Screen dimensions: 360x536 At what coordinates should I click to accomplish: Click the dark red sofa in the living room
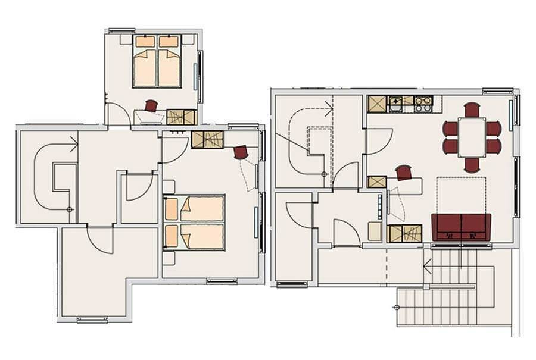462,227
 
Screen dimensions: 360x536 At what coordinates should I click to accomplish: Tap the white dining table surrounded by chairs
472,137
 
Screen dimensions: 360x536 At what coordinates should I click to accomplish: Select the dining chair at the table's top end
472,109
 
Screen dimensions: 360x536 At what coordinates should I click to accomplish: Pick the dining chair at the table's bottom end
472,165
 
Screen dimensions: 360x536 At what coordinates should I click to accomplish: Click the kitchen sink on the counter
396,104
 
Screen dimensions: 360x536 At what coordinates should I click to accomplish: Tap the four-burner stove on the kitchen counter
423,104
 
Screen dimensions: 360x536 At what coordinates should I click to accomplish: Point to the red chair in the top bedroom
151,106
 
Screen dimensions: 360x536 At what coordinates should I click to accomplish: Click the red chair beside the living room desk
404,173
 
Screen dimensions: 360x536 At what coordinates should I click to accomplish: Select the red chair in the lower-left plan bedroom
241,152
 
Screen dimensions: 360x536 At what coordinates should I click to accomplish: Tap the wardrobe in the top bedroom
181,117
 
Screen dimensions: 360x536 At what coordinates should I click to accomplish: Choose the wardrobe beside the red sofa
404,233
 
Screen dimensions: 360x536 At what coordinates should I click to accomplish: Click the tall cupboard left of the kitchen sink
377,104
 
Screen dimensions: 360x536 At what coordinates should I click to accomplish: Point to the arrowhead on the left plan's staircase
74,144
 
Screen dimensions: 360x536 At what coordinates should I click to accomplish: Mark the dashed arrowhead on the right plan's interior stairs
328,108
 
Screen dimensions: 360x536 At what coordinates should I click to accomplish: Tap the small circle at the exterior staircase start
397,307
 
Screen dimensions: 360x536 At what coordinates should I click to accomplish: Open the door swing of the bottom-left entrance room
99,239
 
